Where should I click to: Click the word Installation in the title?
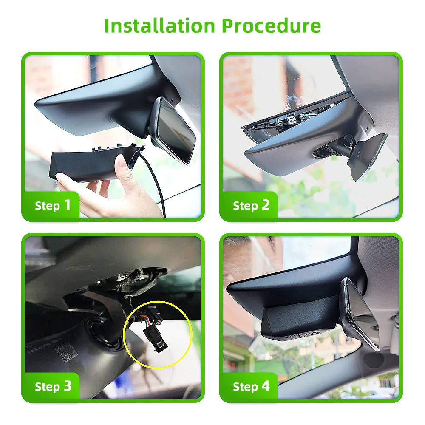[160, 25]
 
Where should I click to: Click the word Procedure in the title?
[271, 25]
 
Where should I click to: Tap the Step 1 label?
[53, 205]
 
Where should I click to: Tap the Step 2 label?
[251, 205]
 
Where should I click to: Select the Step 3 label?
[53, 386]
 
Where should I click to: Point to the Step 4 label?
[251, 386]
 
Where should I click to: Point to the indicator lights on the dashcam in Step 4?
[294, 336]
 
